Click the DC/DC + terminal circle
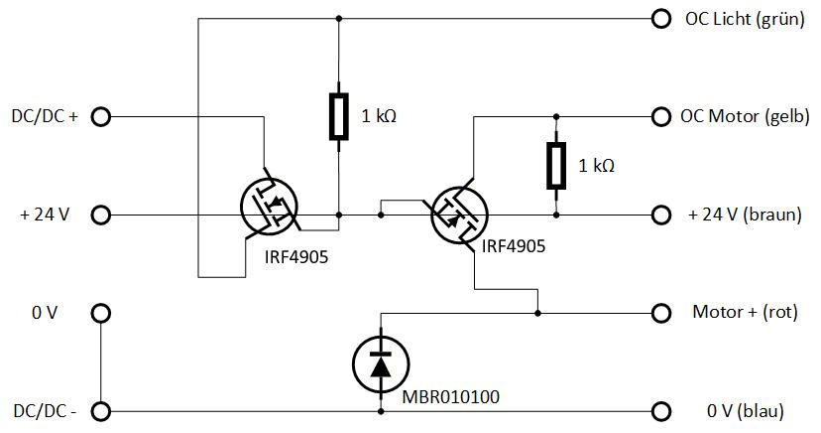tap(101, 117)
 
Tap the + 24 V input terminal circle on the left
tap(101, 215)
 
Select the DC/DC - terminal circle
tap(101, 411)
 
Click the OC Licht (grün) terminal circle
tap(661, 19)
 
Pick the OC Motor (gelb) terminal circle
tap(661, 116)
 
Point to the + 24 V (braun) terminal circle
tap(661, 215)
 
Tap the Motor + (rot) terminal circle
tap(661, 313)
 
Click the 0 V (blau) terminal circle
tap(661, 411)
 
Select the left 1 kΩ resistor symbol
tap(339, 117)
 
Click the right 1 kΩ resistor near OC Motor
tap(556, 166)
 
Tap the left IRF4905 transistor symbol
tap(269, 207)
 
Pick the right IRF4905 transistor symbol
tap(459, 215)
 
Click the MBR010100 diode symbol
tap(381, 363)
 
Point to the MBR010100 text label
tap(451, 397)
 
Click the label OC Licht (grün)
tap(745, 19)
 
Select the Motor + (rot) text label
tap(745, 312)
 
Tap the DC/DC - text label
tap(45, 411)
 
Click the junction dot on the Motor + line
tap(537, 313)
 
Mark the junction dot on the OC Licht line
tap(339, 19)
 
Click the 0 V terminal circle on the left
tap(101, 314)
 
